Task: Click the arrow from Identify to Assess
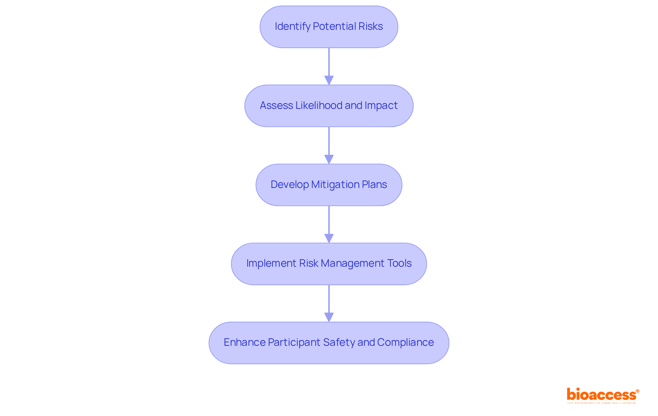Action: click(329, 66)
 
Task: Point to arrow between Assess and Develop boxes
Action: click(329, 145)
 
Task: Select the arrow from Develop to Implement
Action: click(329, 224)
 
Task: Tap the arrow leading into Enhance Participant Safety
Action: click(329, 303)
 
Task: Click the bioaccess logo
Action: click(602, 395)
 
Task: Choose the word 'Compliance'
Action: click(405, 342)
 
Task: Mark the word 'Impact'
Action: click(381, 105)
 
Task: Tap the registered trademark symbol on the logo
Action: click(637, 391)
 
